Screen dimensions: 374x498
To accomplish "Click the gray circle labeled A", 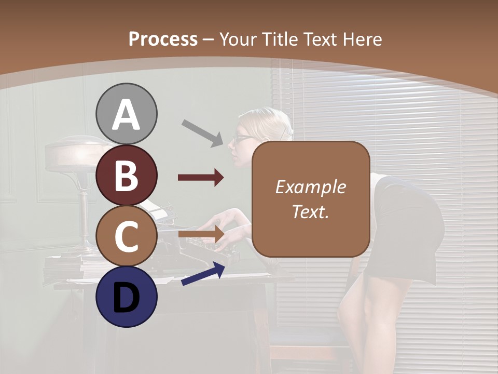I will coord(126,114).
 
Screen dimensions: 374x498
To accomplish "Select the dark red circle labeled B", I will coord(126,175).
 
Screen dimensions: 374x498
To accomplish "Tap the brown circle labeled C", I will coord(126,236).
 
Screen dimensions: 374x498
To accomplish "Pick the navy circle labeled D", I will coord(126,297).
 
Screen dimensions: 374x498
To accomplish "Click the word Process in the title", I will coord(163,39).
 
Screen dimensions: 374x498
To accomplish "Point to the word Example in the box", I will coord(311,187).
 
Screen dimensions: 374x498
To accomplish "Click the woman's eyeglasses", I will coord(243,139).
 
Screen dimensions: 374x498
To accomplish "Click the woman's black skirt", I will coord(415,229).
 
